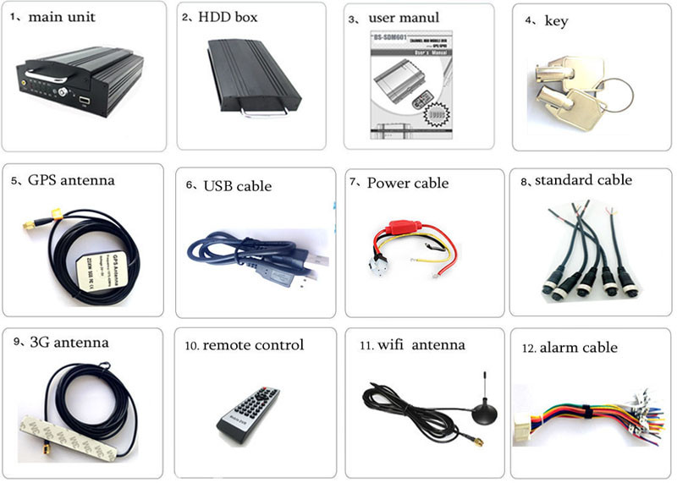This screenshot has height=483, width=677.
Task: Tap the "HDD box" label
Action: pos(228,18)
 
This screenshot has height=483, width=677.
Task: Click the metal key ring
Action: pos(622,85)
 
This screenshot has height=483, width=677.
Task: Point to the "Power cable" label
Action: pos(408,183)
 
